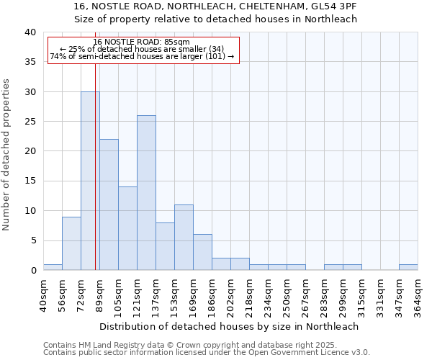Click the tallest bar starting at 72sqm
pos(90,181)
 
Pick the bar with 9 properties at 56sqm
pos(71,243)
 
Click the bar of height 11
pos(184,238)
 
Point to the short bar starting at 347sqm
pos(408,267)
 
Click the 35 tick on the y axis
pos(30,62)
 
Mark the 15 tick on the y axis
pos(30,181)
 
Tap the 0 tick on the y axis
pos(32,271)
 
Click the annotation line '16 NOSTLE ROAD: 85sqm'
pos(142,42)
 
